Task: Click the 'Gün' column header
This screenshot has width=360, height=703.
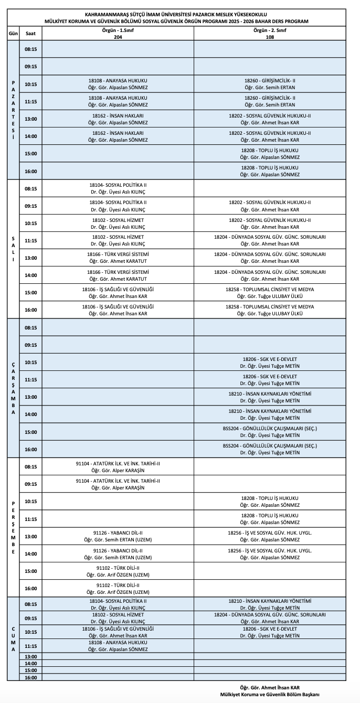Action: pos(13,33)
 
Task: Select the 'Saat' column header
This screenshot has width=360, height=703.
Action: pos(30,33)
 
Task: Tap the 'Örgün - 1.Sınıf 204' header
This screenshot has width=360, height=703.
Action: pos(118,33)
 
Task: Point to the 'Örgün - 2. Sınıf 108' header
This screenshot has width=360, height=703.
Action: pos(270,33)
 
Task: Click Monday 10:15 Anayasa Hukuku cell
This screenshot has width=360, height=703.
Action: pos(118,84)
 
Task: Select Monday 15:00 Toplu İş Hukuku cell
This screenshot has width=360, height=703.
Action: pos(270,153)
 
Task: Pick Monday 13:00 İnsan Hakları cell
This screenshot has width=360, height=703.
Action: pos(118,119)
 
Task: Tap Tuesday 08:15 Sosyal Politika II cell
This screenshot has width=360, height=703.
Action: pos(118,188)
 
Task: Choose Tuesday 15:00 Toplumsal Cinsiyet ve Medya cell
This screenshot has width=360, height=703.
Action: pos(270,292)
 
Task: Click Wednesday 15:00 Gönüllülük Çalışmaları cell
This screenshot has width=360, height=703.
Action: pos(270,432)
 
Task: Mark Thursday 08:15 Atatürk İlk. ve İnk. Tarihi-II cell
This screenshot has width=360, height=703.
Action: pos(118,466)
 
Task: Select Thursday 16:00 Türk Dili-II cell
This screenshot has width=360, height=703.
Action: pos(118,588)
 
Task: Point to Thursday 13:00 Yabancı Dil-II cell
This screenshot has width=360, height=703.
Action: pos(118,536)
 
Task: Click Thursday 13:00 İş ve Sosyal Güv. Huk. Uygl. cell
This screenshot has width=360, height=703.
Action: pos(270,536)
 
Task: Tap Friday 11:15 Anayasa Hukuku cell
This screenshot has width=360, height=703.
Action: pos(118,646)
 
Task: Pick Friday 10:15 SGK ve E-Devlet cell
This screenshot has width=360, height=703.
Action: pos(270,632)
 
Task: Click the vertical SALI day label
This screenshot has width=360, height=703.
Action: pos(13,249)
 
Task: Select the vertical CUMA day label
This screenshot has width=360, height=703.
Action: pos(13,638)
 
